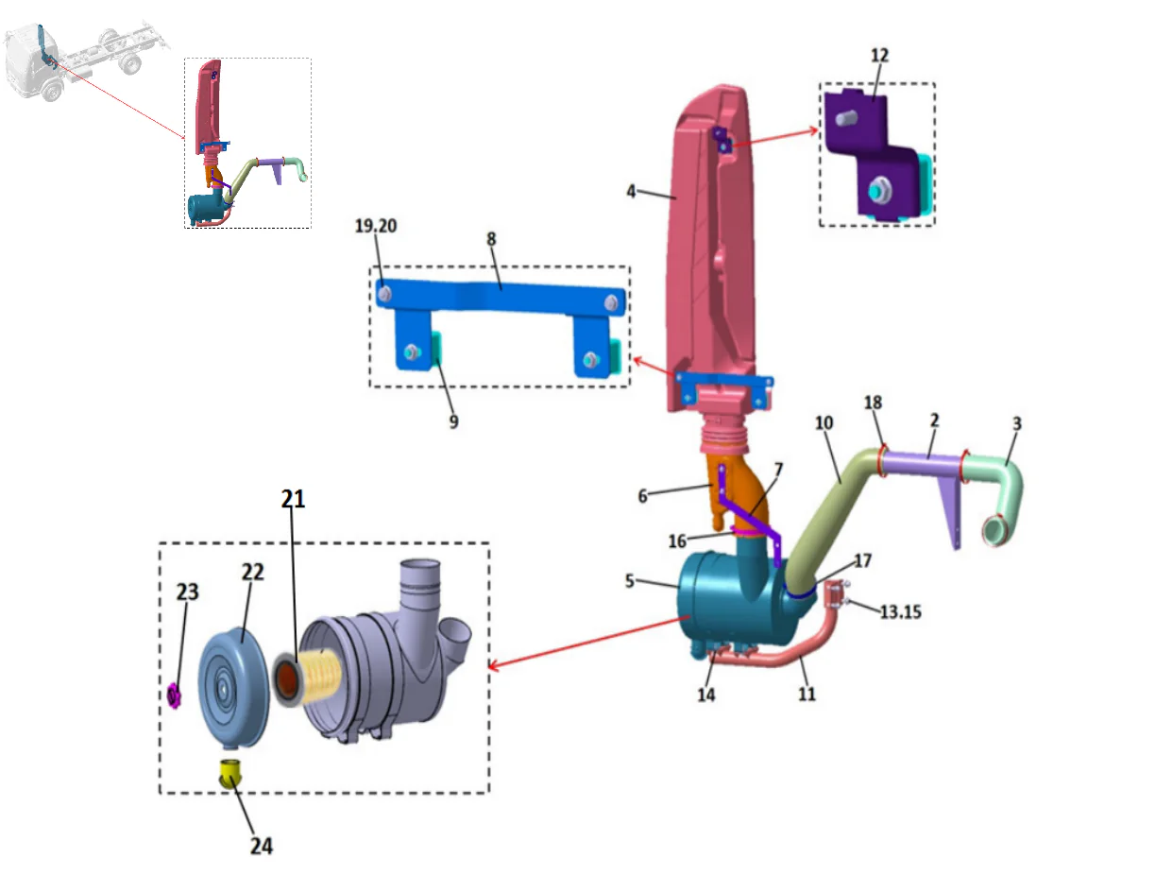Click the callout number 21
tap(293, 498)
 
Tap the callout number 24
tap(261, 845)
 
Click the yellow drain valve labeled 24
tap(229, 772)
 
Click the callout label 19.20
tap(375, 226)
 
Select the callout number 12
tap(879, 56)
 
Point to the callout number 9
tap(453, 421)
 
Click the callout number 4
tap(630, 191)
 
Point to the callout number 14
tap(705, 695)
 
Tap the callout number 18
tap(873, 403)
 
